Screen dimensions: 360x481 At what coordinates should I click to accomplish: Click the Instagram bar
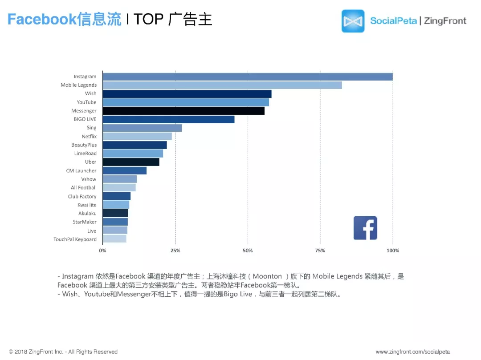point(248,77)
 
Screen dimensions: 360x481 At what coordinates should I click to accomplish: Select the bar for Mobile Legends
point(222,85)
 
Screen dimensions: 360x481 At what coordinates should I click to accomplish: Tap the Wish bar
point(187,93)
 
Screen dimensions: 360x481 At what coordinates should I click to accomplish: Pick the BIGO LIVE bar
point(168,119)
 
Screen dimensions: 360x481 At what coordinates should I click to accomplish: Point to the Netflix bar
point(137,136)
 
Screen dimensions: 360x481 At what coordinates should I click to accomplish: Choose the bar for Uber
point(131,162)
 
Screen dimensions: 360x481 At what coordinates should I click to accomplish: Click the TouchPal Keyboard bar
point(114,239)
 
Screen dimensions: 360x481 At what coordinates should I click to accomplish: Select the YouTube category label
point(86,102)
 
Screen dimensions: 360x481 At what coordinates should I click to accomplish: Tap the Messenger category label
point(84,111)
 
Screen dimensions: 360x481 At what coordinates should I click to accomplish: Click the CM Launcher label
point(81,170)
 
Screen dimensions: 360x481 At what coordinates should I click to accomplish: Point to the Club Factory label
point(82,196)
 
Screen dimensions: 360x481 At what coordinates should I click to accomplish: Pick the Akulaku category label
point(87,214)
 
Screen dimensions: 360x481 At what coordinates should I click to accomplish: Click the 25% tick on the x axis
point(175,251)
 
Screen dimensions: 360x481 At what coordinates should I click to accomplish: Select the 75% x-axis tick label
point(320,251)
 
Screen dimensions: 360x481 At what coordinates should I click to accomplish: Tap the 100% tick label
point(393,251)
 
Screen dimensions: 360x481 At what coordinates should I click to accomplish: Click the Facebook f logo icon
point(365,228)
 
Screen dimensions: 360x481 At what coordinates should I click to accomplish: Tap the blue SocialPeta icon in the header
point(353,21)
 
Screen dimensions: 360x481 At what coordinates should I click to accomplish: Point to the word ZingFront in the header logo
point(445,21)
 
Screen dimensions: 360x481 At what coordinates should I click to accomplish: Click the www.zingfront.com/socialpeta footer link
point(412,352)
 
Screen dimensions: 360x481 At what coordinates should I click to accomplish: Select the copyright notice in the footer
point(63,352)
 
